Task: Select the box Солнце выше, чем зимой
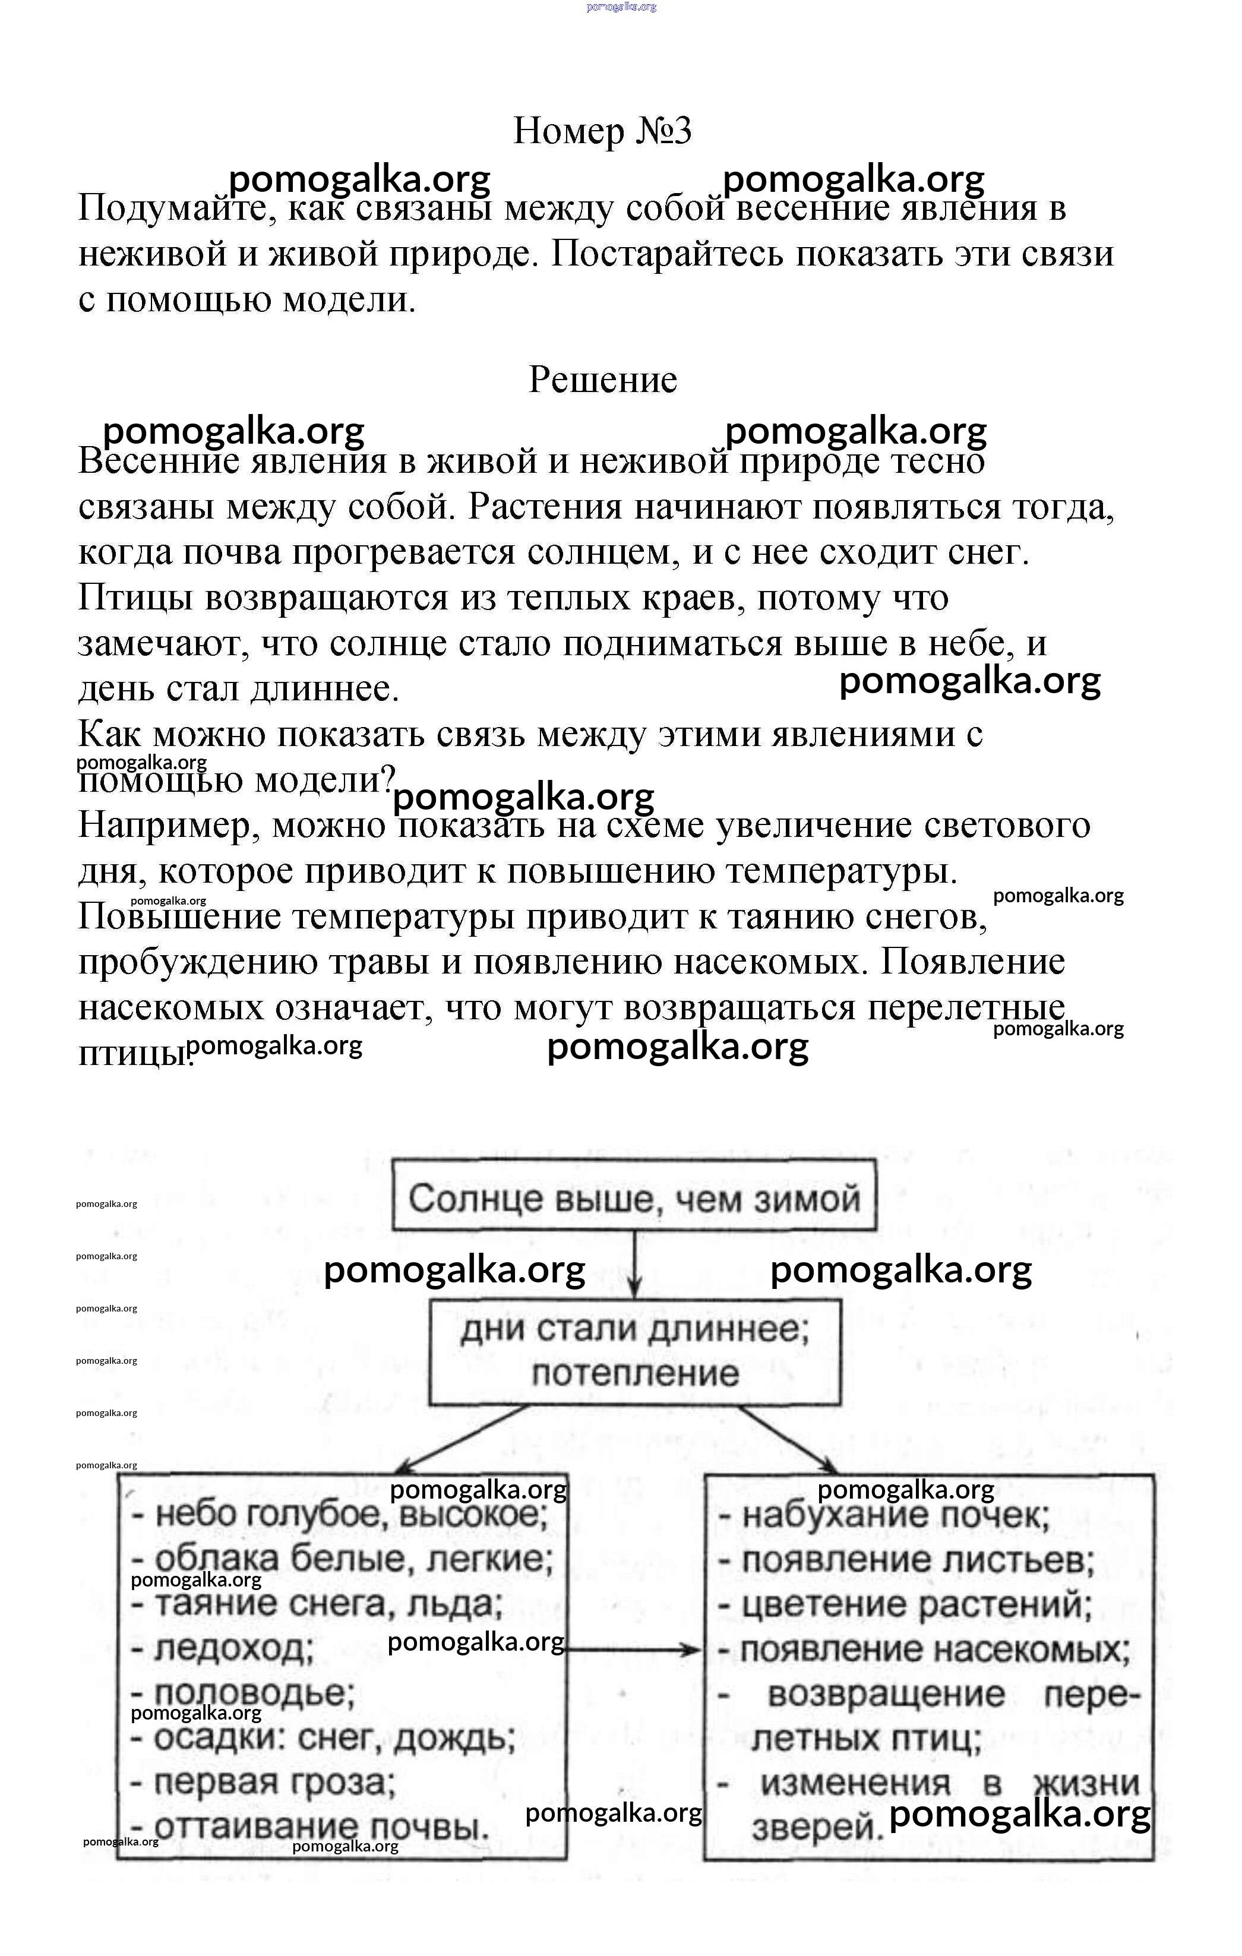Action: click(634, 1198)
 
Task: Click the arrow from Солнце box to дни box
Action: click(634, 1264)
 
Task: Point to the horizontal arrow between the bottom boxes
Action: click(634, 1650)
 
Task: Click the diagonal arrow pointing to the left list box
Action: click(463, 1439)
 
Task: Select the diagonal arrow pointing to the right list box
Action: click(788, 1439)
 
